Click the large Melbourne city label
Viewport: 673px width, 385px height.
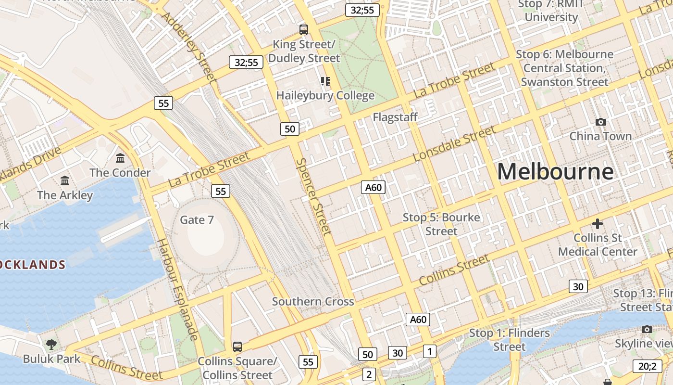point(555,172)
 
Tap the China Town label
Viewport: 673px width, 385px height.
point(600,136)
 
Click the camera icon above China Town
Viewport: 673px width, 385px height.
point(600,122)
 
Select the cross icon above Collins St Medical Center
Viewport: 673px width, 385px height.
point(598,224)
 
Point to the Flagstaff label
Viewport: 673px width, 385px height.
point(395,117)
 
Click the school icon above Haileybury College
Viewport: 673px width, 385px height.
point(325,81)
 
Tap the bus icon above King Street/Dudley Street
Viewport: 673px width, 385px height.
point(303,30)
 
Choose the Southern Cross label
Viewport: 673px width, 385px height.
point(313,302)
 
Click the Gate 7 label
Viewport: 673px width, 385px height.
point(197,220)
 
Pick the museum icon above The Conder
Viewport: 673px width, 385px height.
point(120,158)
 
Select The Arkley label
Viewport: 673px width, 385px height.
point(65,195)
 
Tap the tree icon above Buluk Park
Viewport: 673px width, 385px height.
point(51,344)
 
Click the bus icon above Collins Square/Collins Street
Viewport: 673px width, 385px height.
point(237,346)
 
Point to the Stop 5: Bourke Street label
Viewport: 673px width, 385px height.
point(441,224)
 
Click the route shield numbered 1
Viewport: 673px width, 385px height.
point(430,351)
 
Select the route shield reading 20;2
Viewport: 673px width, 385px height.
point(647,366)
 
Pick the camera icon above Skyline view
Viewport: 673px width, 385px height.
point(647,330)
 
